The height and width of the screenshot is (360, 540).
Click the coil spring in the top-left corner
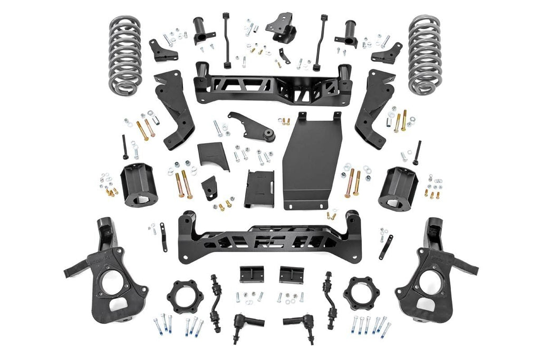pos(125,55)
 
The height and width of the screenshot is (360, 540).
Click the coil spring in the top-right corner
pos(425,55)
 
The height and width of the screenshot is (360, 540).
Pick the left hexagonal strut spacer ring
pos(183,296)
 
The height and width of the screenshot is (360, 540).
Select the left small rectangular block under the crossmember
pos(250,275)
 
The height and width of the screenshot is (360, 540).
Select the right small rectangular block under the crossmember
pos(291,275)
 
